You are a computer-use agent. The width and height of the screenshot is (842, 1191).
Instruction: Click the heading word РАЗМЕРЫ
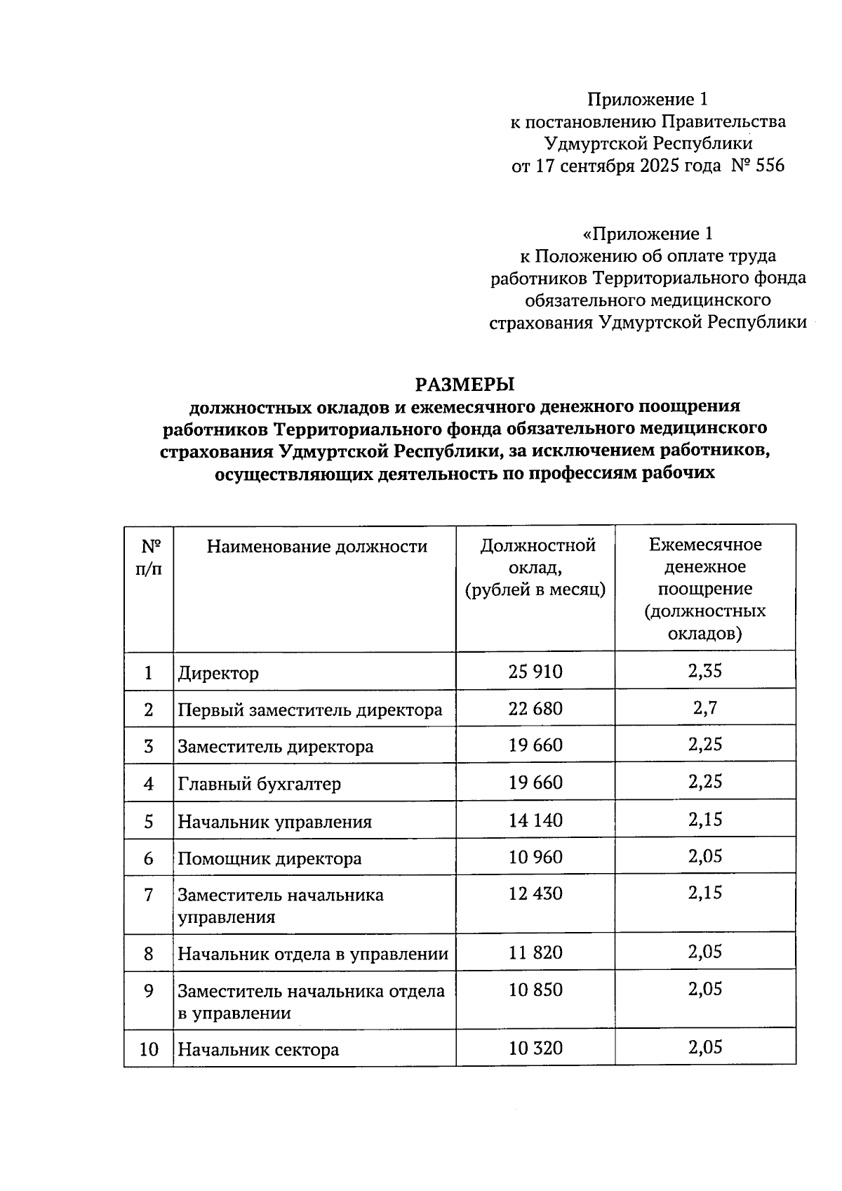tap(465, 385)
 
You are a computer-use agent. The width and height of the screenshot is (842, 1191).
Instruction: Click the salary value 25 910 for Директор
tap(535, 672)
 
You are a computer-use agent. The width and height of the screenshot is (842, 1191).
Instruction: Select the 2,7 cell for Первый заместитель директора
tap(705, 708)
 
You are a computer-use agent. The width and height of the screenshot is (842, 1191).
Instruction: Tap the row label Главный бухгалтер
tap(259, 784)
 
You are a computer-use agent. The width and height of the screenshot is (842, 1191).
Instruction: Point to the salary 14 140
tap(535, 820)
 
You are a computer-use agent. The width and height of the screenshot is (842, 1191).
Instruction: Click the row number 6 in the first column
tap(148, 858)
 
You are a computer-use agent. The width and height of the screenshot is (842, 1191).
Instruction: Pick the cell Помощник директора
tap(269, 858)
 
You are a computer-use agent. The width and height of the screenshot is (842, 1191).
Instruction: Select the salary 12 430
tap(535, 893)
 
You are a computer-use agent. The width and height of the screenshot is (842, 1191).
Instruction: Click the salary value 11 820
tap(535, 952)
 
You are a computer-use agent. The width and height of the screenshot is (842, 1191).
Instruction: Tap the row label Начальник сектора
tap(258, 1050)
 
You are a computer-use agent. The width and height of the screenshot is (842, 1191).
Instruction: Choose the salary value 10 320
tap(535, 1048)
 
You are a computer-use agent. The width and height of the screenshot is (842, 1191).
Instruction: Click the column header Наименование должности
tap(316, 547)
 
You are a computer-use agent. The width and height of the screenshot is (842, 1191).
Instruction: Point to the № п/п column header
tap(148, 557)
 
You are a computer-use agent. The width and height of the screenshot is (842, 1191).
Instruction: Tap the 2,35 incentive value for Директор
tap(705, 671)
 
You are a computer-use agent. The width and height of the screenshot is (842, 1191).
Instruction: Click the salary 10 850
tap(535, 990)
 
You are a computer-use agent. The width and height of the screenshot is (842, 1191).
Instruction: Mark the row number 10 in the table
tap(149, 1049)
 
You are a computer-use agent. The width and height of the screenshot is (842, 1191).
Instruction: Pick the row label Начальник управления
tap(274, 822)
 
